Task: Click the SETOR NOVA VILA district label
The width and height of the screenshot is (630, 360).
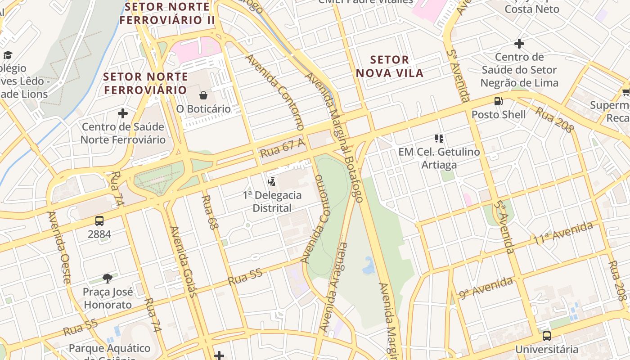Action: point(390,66)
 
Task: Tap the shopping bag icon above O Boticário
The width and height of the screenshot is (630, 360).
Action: point(203,95)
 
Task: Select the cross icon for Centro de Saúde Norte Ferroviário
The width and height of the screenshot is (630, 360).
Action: point(122,113)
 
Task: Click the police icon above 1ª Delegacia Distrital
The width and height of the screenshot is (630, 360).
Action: point(271,182)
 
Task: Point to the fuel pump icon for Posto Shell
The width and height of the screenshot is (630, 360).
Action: point(498,101)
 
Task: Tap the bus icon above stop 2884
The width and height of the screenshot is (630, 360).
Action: point(99,221)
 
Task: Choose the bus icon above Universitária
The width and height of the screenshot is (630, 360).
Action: point(546,336)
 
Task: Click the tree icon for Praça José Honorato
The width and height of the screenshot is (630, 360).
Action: point(108,279)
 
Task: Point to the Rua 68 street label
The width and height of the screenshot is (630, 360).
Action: point(209,212)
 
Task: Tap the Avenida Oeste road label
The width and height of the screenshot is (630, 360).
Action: point(59,247)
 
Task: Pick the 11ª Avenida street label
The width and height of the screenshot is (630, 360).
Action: point(563,234)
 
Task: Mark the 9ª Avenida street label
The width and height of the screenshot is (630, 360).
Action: point(486,288)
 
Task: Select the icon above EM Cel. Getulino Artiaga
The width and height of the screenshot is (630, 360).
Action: point(439,139)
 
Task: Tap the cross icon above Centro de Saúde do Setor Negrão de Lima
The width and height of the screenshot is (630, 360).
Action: point(519,44)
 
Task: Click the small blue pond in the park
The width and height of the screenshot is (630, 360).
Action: point(369,267)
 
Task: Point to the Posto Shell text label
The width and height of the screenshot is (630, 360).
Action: point(498,114)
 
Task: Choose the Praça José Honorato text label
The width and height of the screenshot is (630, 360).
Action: point(108,298)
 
